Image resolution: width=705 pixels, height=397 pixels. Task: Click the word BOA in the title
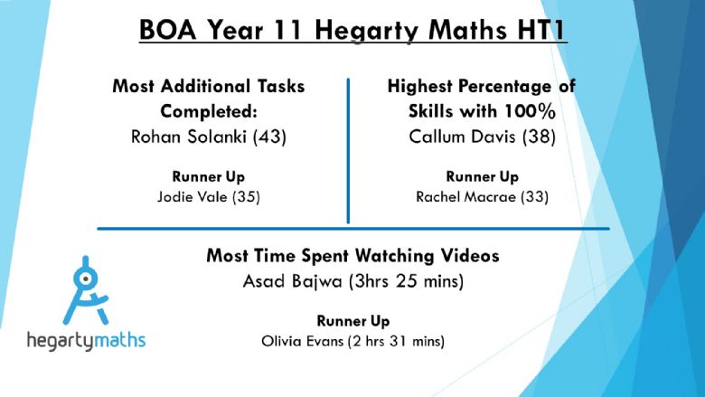coord(168,30)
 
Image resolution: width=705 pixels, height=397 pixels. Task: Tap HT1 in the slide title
coord(542,30)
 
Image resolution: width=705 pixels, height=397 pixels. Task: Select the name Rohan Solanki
coord(188,137)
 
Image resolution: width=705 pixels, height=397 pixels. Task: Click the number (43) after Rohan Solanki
coord(269,137)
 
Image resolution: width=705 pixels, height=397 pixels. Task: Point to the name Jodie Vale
coord(192,196)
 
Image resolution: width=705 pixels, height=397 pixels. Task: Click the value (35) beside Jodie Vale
coord(246,197)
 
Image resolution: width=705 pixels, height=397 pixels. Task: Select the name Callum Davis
coord(462,137)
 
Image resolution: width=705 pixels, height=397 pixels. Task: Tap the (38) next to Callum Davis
coord(539,137)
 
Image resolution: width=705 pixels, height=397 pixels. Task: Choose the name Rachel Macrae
coord(465,196)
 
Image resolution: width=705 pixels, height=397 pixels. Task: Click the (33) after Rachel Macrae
coord(534,197)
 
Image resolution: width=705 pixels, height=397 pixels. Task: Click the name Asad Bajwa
coord(292,281)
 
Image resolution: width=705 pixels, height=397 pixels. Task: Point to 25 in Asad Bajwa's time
coord(406,281)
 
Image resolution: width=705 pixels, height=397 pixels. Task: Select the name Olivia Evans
coord(302,341)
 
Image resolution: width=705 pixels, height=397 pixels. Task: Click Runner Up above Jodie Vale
coord(208,176)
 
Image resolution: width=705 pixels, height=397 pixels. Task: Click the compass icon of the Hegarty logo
coord(86,290)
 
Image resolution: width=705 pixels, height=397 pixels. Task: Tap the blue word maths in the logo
coord(120,340)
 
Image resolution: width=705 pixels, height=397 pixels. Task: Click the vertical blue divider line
coord(348,151)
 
